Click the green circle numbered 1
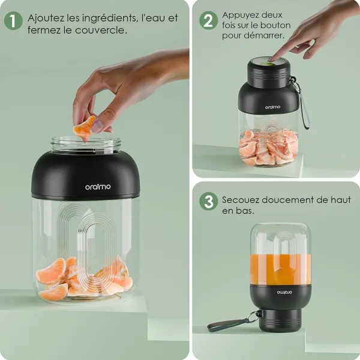[13, 21]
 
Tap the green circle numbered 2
[208, 20]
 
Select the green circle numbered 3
[208, 202]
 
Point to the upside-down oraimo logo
[281, 292]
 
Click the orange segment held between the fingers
[84, 128]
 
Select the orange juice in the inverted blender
[281, 269]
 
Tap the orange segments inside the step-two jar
[269, 148]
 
